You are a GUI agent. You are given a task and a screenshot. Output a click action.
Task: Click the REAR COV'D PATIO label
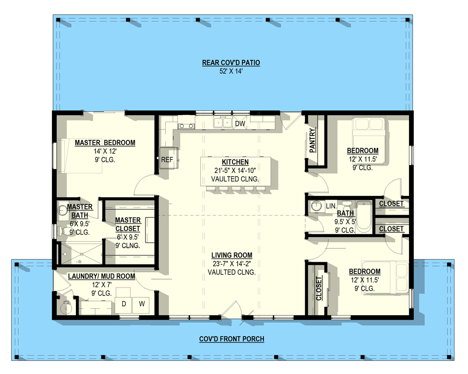[231, 63]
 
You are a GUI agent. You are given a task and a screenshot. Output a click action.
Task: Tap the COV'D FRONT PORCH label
[232, 339]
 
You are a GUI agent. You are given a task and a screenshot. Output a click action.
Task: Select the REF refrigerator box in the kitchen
[167, 160]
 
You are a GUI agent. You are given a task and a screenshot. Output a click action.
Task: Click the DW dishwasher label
[240, 124]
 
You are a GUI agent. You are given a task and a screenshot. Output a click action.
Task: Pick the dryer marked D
[124, 304]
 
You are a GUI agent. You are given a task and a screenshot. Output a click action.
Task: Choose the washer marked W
[141, 304]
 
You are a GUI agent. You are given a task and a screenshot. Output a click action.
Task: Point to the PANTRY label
[313, 141]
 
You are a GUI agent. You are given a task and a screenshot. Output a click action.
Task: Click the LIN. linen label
[331, 206]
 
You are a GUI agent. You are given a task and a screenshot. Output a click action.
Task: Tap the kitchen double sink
[223, 122]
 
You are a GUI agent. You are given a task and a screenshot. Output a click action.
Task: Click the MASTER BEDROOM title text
[105, 143]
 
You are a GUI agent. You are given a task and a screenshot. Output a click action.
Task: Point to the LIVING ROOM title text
[232, 255]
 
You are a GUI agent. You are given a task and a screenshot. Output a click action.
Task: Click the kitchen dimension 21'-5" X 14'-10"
[232, 171]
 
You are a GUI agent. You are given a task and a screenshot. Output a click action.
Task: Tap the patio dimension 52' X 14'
[231, 72]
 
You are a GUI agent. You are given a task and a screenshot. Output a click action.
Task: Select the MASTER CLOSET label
[128, 224]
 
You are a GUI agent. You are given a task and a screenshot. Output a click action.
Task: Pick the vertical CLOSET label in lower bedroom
[319, 288]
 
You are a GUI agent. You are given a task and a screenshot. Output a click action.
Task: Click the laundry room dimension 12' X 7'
[101, 285]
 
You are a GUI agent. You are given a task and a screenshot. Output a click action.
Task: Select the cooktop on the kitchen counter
[186, 125]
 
